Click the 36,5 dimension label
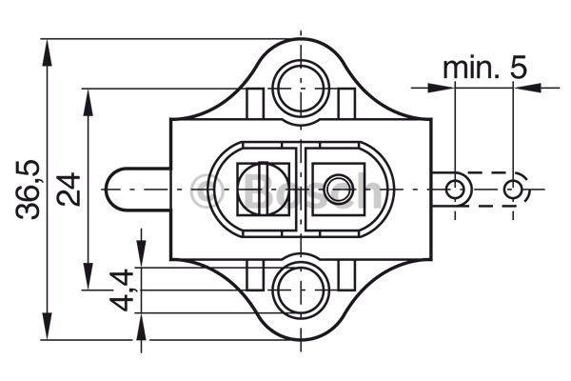click(x=28, y=190)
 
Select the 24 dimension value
click(x=69, y=190)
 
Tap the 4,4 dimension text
click(x=122, y=290)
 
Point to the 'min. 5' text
click(x=484, y=68)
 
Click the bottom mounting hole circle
click(x=301, y=291)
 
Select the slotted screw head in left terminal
click(x=262, y=190)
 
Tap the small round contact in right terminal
click(x=339, y=190)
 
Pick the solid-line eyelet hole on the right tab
click(x=455, y=190)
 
